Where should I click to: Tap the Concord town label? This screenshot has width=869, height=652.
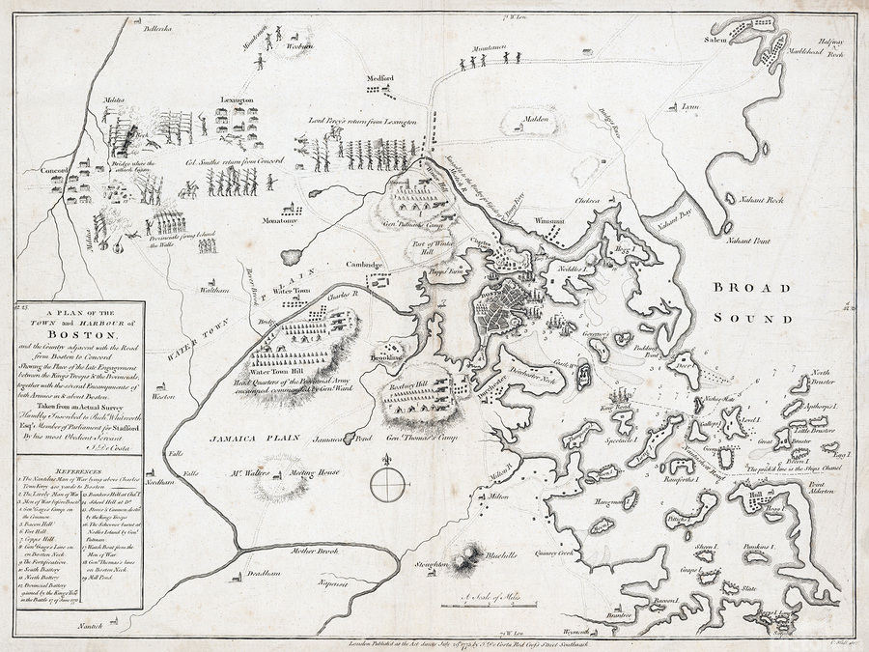(53, 171)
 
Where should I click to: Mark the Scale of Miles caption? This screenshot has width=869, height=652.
(491, 597)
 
